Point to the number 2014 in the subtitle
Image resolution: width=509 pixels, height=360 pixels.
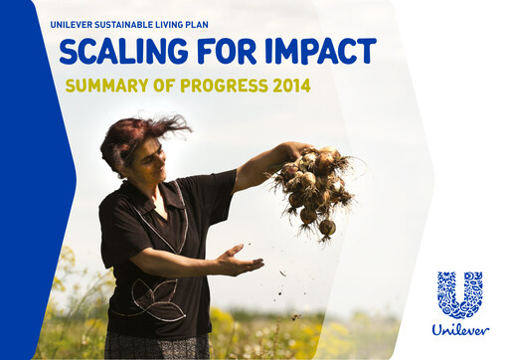[289, 86]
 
